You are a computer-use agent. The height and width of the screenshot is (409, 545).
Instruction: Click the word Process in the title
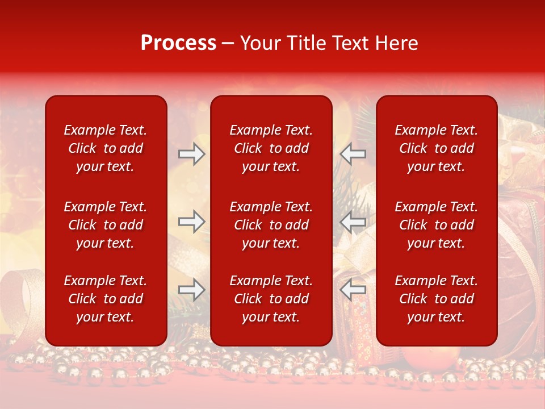click(x=178, y=43)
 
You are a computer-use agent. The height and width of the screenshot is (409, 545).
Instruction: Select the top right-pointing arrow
click(x=191, y=154)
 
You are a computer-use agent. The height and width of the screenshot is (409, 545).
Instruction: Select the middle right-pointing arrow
click(x=191, y=222)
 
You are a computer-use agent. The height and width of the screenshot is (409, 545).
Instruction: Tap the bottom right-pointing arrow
click(x=191, y=290)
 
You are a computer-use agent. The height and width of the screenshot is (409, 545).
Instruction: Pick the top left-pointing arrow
click(x=353, y=154)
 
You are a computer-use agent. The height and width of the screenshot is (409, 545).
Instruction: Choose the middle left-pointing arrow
click(x=353, y=222)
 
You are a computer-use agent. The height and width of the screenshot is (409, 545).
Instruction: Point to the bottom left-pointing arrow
click(x=353, y=290)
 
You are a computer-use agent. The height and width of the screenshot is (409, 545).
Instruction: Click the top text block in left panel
click(x=106, y=148)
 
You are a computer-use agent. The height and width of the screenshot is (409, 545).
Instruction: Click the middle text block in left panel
click(x=106, y=225)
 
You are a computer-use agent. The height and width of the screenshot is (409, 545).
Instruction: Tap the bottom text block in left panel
click(x=106, y=299)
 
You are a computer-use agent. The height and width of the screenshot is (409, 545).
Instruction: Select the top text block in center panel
click(x=271, y=148)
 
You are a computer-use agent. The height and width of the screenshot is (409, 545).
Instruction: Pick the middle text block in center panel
click(x=271, y=225)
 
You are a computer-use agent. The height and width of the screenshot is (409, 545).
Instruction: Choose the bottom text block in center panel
click(x=271, y=299)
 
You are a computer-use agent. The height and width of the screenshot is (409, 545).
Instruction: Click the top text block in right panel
click(x=437, y=148)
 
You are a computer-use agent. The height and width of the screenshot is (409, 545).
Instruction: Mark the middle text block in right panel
click(x=437, y=225)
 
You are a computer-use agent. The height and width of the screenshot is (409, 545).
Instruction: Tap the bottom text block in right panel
click(x=437, y=299)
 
